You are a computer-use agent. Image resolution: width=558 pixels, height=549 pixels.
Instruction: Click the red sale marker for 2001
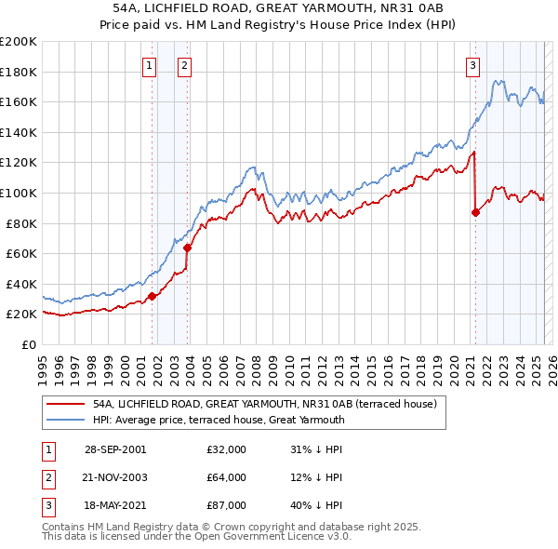tap(153, 296)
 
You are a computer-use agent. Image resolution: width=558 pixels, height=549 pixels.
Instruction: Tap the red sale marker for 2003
tap(188, 248)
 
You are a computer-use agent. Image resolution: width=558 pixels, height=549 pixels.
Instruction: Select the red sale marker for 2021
tap(475, 213)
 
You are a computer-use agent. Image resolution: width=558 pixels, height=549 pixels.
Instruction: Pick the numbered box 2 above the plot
tap(185, 65)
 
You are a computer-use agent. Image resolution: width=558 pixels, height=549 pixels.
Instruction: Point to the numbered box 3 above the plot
tap(473, 65)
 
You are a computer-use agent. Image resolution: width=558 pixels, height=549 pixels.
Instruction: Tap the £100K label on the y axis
tap(18, 193)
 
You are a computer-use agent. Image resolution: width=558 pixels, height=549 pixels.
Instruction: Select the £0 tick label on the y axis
tap(28, 344)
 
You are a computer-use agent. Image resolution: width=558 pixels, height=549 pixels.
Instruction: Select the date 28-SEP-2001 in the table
tap(114, 449)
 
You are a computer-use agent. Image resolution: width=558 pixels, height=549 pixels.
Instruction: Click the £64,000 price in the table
tap(226, 477)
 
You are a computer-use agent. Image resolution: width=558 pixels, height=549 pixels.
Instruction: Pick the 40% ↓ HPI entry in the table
tap(317, 505)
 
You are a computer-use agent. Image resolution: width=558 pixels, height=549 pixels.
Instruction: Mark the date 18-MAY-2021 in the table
tap(114, 505)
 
